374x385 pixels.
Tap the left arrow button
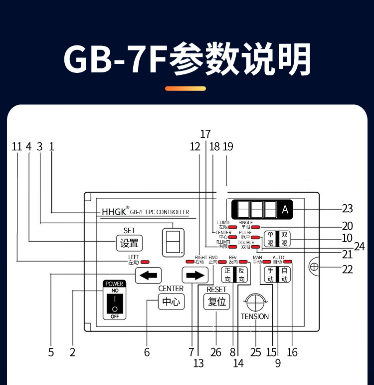pyautogui.click(x=149, y=275)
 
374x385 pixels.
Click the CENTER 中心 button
pyautogui.click(x=171, y=302)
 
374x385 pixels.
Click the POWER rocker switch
pyautogui.click(x=114, y=303)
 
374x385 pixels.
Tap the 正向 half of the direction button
pyautogui.click(x=227, y=275)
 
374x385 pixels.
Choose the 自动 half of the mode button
pyautogui.click(x=284, y=275)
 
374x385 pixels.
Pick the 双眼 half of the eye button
pyautogui.click(x=284, y=239)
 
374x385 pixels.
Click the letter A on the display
pyautogui.click(x=285, y=210)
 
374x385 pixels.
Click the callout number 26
pyautogui.click(x=215, y=352)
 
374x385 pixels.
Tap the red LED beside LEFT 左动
pyautogui.click(x=145, y=262)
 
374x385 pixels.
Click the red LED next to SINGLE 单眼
pyautogui.click(x=256, y=227)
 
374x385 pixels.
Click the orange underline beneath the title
pyautogui.click(x=186, y=88)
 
